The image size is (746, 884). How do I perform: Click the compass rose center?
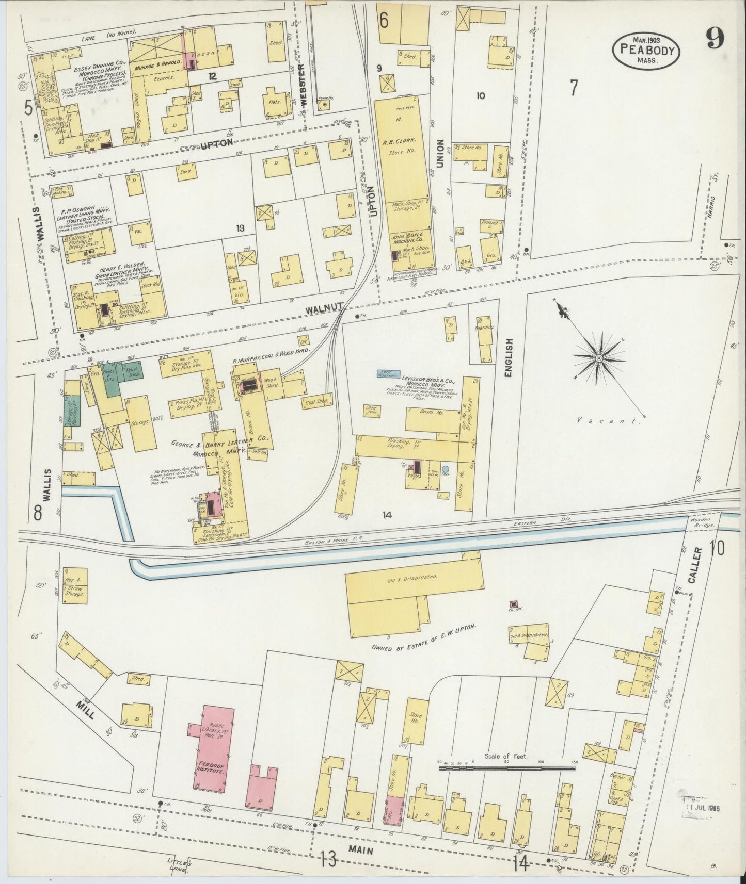tap(598, 357)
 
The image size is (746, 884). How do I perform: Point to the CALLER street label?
tap(695, 565)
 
